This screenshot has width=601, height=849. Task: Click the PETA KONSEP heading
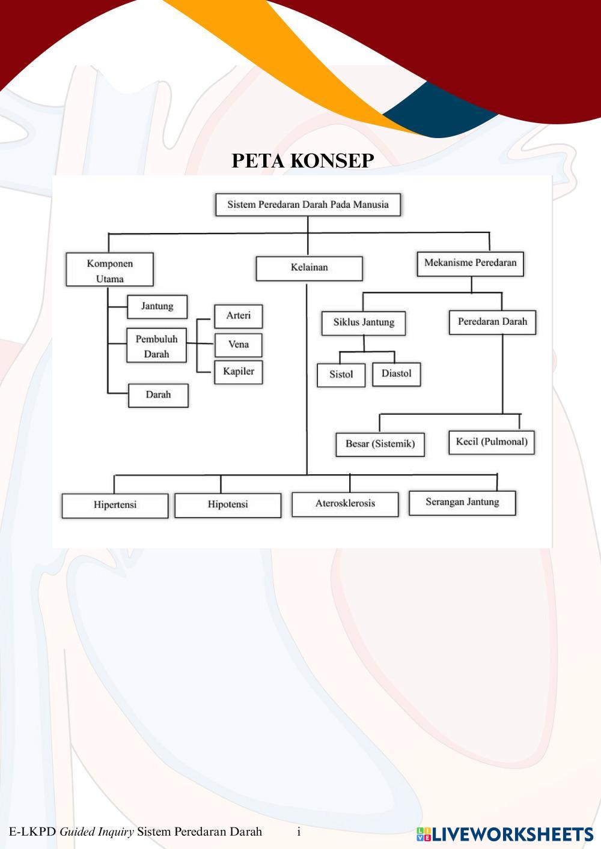(303, 161)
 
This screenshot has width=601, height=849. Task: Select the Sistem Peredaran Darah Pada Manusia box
(308, 205)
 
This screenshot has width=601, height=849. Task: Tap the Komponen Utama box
(109, 269)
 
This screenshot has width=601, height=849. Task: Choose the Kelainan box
(310, 269)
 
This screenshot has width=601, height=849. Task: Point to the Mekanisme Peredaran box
(470, 264)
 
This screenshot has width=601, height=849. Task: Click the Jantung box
(157, 307)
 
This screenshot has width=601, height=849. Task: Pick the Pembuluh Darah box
(156, 345)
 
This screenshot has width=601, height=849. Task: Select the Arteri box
(238, 316)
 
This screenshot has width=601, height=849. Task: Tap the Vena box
(238, 345)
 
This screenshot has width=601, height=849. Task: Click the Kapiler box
(238, 372)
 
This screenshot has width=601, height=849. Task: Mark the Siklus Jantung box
(364, 323)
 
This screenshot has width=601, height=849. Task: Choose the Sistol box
(341, 375)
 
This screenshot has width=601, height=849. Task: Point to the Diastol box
(397, 374)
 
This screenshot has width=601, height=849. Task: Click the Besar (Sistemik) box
(380, 444)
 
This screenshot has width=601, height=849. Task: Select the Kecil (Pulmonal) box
(492, 443)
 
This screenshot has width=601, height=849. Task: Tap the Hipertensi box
(115, 506)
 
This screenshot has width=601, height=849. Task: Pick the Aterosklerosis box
(345, 504)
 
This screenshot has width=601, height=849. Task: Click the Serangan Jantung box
(462, 503)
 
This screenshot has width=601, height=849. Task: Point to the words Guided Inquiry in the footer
(97, 832)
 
